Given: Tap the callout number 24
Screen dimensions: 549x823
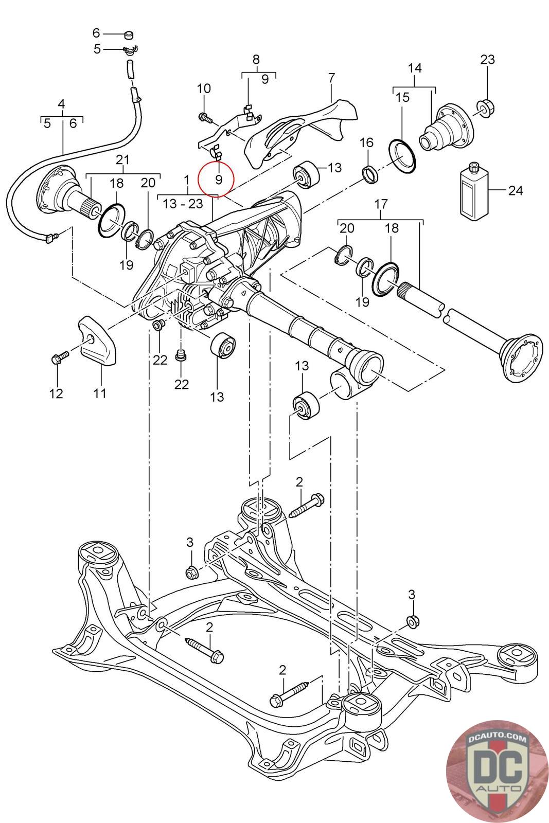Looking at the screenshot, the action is pos(516,190).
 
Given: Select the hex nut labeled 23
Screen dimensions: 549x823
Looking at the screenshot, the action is pos(487,106).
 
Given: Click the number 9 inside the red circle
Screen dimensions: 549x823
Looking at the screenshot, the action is pos(219,180).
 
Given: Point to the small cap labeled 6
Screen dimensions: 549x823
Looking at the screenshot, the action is pos(128,35).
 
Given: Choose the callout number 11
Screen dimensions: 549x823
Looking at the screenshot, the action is pos(99,393).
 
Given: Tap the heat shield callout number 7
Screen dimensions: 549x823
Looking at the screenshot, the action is pos(331,78).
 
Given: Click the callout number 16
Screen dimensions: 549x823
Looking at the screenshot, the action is pos(366,142).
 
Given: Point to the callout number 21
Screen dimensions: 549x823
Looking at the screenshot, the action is pos(123,159).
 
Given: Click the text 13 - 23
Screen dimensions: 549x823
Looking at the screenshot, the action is pos(183,204).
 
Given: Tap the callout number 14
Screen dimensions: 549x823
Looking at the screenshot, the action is pos(415,68).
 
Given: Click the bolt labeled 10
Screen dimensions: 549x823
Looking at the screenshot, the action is pos(205,118).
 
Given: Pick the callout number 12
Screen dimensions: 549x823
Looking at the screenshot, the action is pos(56,393).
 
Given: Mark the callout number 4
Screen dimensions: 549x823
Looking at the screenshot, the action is pos(61,104).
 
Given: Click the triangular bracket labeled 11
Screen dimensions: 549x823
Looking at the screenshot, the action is pos(98,341).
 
